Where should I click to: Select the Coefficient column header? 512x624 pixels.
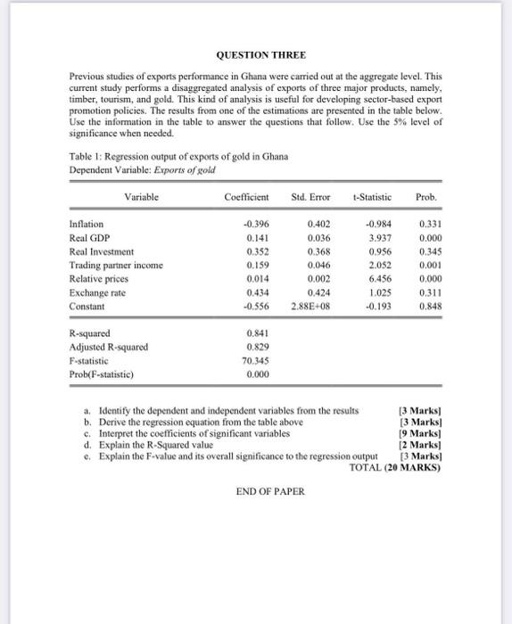pos(246,195)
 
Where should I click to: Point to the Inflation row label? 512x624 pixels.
pos(87,224)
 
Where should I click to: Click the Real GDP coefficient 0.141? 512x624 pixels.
pos(256,237)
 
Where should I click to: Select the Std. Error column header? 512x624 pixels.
pos(310,195)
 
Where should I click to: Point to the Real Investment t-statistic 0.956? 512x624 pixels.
pos(378,251)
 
